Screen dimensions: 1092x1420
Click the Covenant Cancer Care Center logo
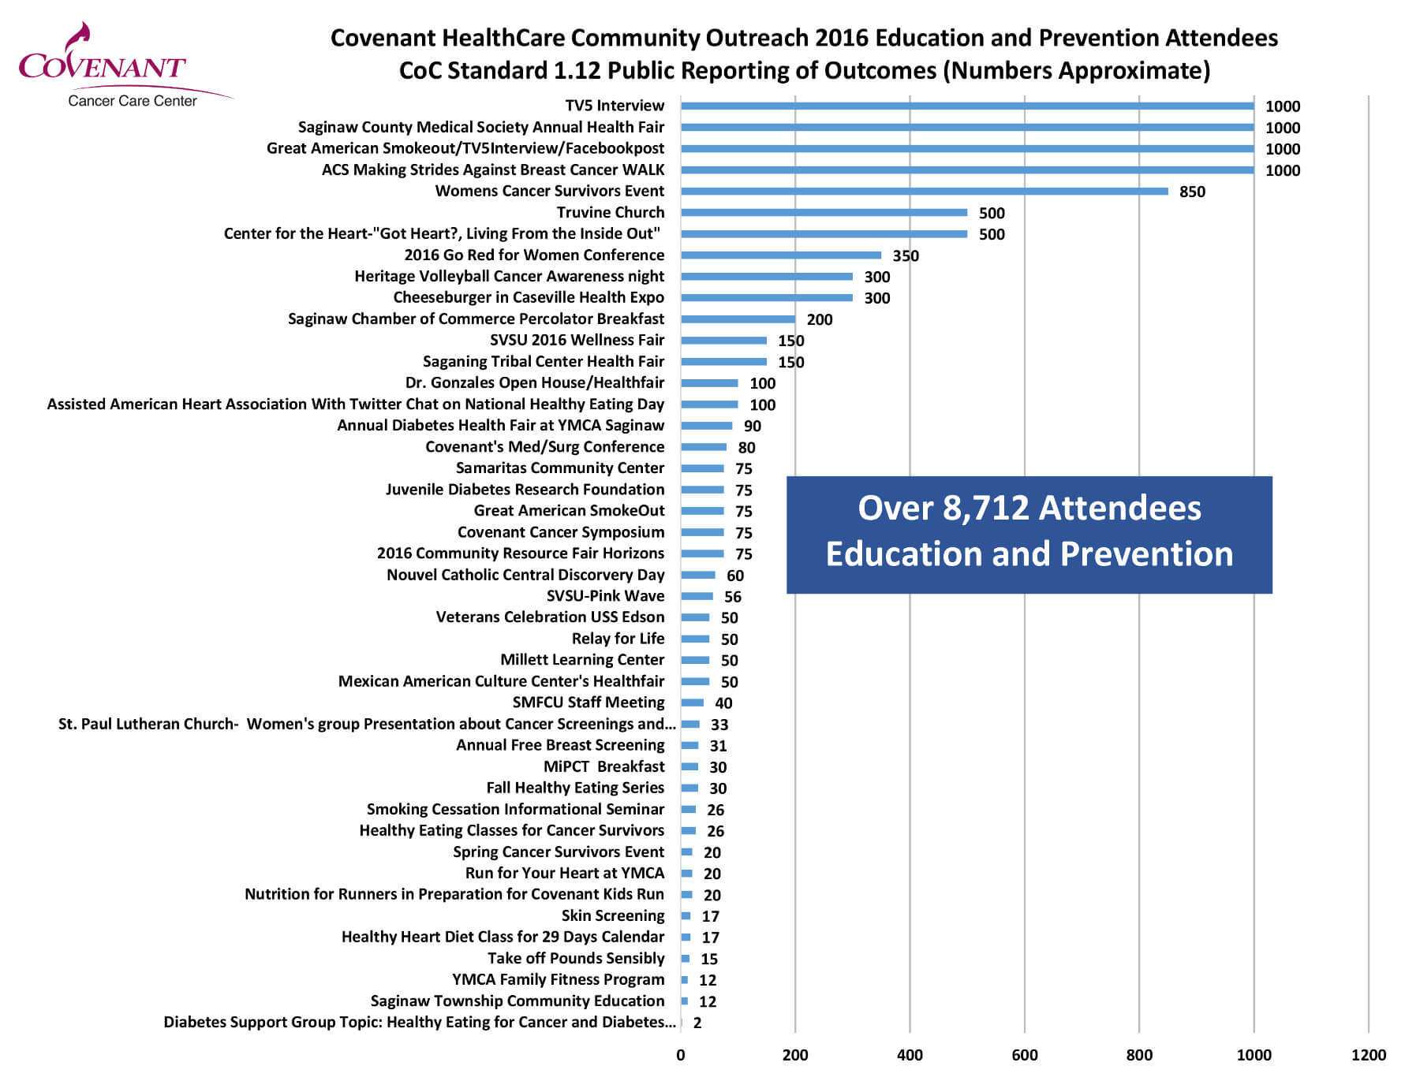(118, 67)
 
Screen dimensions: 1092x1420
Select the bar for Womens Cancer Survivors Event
(924, 191)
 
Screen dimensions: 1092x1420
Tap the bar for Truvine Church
(824, 212)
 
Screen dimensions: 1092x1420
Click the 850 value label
(1192, 192)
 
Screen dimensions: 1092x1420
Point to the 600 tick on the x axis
(1024, 1055)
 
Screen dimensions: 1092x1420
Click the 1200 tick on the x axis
(1368, 1055)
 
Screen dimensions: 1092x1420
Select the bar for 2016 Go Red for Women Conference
(780, 255)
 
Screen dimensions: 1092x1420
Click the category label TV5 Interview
(615, 106)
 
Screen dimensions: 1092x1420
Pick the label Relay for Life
(618, 639)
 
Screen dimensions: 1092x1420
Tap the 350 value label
(906, 255)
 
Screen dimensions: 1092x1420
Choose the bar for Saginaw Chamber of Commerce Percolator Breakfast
(738, 319)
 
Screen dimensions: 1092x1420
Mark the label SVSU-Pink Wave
(605, 596)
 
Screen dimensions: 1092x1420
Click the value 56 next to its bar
(733, 597)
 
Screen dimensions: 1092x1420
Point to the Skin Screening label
(612, 915)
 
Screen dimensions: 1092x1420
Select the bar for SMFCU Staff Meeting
(692, 703)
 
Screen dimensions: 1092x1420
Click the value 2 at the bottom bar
(697, 1023)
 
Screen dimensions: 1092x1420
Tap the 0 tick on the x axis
(681, 1055)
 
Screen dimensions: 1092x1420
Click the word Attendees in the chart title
(1221, 38)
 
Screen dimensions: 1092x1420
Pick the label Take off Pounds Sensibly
(576, 958)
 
